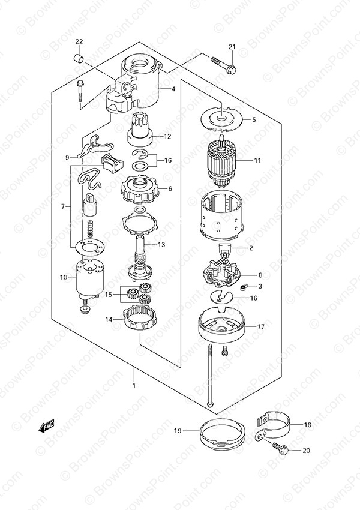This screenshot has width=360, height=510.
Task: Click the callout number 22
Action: (79, 41)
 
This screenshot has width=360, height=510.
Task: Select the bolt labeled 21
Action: (223, 65)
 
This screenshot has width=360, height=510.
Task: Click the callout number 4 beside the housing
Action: (173, 89)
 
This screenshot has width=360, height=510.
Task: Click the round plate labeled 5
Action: (221, 121)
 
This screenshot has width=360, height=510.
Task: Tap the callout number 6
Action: (170, 188)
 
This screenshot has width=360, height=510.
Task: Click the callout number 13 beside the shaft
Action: (161, 245)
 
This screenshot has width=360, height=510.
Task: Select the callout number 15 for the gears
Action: (108, 295)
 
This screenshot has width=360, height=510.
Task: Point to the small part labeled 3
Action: (244, 287)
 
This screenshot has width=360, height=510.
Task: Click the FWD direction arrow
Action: (47, 426)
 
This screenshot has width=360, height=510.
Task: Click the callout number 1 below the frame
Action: (134, 386)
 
